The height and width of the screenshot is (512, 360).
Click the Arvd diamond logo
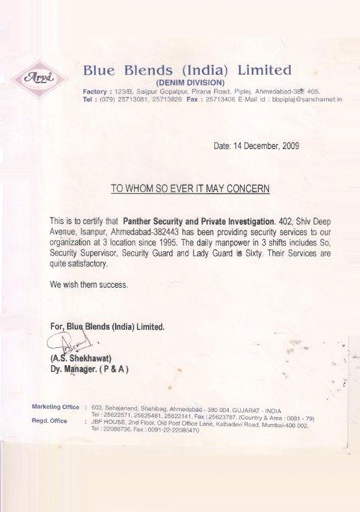coord(39,76)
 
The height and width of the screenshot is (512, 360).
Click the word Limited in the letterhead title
coord(264,70)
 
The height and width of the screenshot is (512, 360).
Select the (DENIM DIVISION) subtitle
coord(190,82)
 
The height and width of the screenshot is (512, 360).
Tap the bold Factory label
coord(94,90)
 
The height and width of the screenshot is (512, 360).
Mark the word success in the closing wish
coord(112,285)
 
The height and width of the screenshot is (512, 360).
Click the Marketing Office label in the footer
coord(55,407)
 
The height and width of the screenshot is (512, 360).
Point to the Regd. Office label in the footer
coord(49,421)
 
